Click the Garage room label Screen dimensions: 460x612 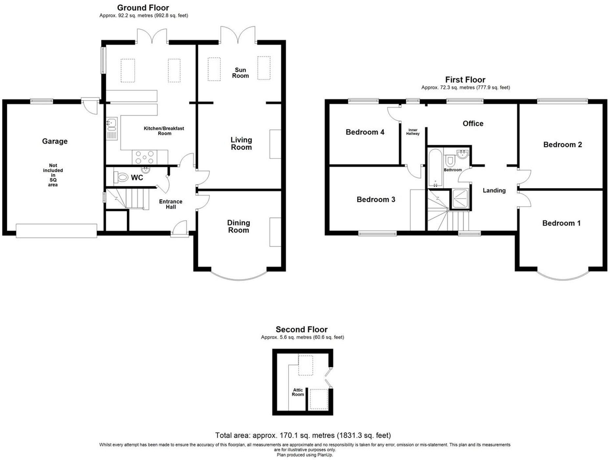tap(55, 141)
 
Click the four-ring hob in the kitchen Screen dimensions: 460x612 tap(145, 157)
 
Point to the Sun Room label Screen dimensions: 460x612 tap(240, 73)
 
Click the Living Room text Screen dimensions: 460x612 tap(241, 144)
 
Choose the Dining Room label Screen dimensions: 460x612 tap(239, 227)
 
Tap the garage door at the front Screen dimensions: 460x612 tap(56, 230)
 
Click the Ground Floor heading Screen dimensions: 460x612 tap(143, 8)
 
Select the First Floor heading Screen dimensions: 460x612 tap(465, 80)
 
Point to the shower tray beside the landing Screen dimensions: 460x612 tap(460, 199)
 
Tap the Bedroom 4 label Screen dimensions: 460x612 tap(365, 132)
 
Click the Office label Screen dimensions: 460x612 tap(473, 124)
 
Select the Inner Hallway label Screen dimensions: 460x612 tap(413, 132)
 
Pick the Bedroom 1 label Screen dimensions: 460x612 tap(561, 223)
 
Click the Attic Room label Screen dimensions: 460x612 tap(298, 392)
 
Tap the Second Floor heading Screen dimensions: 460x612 tap(302, 329)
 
